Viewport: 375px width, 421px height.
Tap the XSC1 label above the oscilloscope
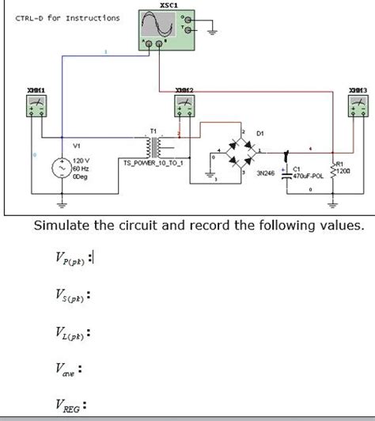tap(169, 5)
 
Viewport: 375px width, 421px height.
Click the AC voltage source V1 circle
tap(61, 169)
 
